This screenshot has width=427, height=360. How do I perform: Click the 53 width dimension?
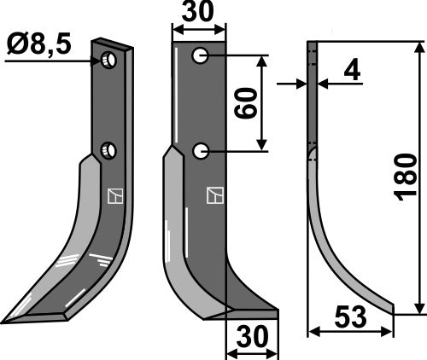click(x=352, y=317)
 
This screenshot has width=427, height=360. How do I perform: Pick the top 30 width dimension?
click(x=199, y=14)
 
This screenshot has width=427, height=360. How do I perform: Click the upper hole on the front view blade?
click(x=200, y=56)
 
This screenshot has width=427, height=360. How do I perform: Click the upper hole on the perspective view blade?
click(x=108, y=60)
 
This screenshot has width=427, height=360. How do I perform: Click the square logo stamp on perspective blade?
click(x=114, y=195)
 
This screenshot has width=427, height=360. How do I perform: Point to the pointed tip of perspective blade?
click(x=7, y=322)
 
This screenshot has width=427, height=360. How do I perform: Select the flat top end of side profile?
click(x=312, y=44)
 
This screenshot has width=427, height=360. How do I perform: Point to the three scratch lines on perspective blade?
click(x=99, y=255)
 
